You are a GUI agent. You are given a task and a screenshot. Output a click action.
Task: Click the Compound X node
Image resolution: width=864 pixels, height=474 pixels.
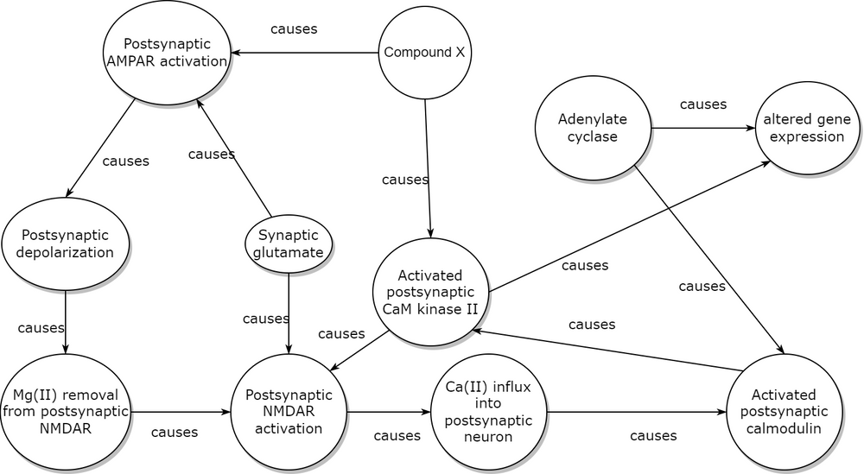[x=424, y=53]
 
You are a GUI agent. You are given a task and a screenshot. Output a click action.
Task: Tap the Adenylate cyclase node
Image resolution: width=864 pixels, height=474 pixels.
[x=593, y=129]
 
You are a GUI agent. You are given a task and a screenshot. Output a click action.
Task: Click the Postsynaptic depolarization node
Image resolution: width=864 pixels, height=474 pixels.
[x=67, y=244]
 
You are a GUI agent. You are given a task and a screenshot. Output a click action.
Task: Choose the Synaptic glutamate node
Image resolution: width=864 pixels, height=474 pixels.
[x=288, y=244]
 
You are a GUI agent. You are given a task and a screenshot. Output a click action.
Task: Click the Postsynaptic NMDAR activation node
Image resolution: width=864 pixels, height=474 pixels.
[x=288, y=412]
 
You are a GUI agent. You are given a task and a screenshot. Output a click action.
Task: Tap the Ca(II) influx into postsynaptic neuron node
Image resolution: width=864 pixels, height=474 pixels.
[x=489, y=412]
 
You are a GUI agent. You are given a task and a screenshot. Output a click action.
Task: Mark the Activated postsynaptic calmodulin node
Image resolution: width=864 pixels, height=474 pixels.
[x=785, y=412]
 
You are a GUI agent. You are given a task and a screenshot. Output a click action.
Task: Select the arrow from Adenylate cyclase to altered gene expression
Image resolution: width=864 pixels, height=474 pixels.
[x=703, y=129]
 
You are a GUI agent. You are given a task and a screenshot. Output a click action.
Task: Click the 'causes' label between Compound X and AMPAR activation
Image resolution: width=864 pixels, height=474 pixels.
[x=294, y=28]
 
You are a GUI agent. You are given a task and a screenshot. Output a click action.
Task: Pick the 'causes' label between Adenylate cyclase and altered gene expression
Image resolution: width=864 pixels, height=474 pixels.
[x=703, y=104]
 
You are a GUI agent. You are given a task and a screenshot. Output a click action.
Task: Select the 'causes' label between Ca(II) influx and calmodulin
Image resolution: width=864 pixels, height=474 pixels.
[x=653, y=436]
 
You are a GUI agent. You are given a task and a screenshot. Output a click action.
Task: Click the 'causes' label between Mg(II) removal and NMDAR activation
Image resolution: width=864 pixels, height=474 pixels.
[x=175, y=432]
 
